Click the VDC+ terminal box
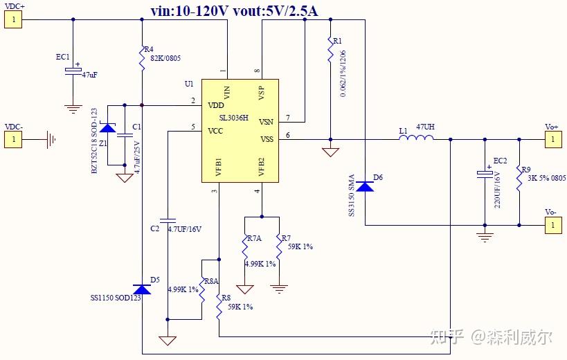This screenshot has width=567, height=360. click(x=13, y=19)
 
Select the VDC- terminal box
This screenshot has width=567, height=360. click(x=13, y=140)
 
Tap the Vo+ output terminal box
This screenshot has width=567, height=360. click(x=552, y=140)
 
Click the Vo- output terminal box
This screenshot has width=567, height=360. click(x=552, y=225)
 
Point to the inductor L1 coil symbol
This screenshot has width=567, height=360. click(x=416, y=139)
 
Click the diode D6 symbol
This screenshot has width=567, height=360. click(x=364, y=186)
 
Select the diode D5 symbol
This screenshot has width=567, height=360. click(x=141, y=289)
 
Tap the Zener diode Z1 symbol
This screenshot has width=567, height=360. click(x=107, y=128)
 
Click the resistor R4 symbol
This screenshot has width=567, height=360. click(x=141, y=58)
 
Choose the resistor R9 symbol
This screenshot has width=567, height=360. click(x=519, y=179)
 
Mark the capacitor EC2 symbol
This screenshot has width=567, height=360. click(x=485, y=174)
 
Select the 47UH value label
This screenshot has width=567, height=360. click(x=425, y=128)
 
